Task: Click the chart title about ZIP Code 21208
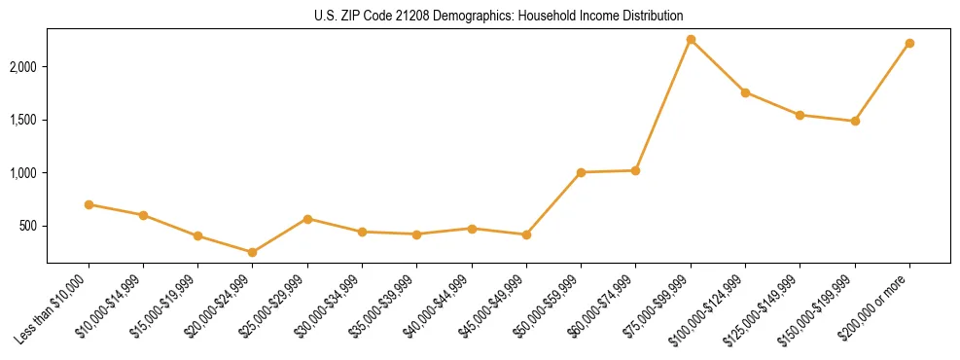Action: pos(499,16)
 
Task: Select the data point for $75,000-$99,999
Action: pos(691,39)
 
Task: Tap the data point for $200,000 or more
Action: pos(909,43)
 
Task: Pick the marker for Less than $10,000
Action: pos(89,204)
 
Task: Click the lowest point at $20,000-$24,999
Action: pos(253,252)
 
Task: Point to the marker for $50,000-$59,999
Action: pos(581,172)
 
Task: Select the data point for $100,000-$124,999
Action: pos(745,92)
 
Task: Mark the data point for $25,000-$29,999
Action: pos(307,219)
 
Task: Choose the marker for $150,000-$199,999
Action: pos(855,121)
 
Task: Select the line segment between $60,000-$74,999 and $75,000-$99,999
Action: pos(663,105)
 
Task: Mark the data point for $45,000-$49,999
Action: pos(526,234)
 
